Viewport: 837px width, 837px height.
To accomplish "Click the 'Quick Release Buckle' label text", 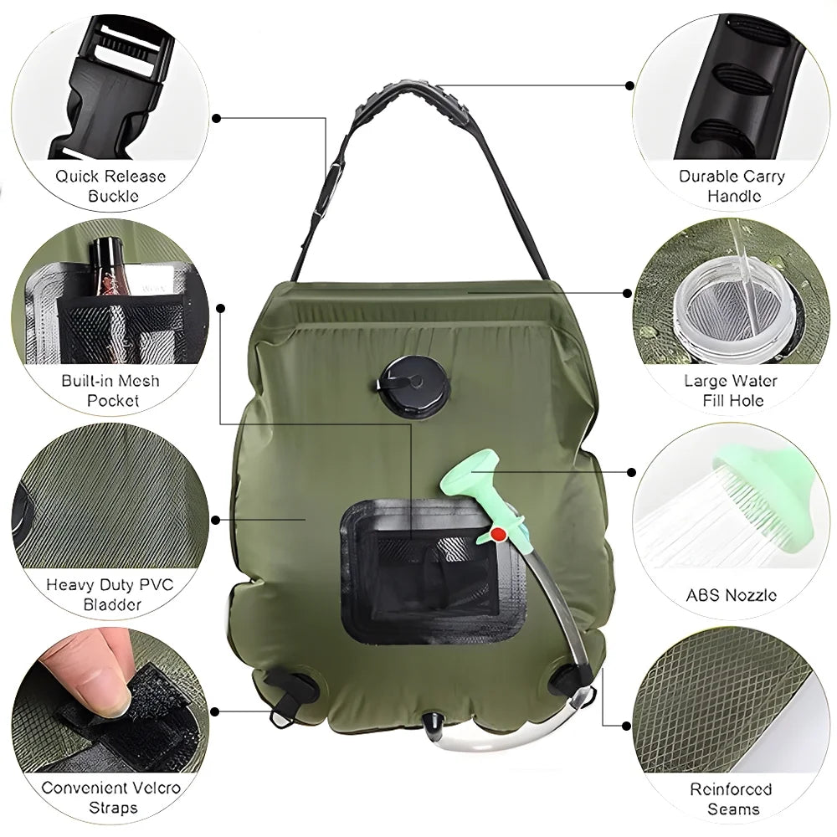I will click(x=110, y=187).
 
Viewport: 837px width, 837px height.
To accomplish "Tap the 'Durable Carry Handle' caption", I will click(x=732, y=186).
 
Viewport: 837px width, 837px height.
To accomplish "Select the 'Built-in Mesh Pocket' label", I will click(x=110, y=391).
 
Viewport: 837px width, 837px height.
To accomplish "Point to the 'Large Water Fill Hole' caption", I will click(x=731, y=391).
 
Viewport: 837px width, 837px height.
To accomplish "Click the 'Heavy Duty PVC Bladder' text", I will click(x=110, y=594).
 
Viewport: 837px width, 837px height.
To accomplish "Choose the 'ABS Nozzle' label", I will click(x=731, y=596).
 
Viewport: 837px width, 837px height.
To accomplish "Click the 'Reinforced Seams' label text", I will click(x=731, y=798).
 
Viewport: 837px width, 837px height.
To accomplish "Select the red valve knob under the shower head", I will click(x=499, y=533).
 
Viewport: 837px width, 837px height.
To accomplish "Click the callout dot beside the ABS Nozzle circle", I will click(x=629, y=472).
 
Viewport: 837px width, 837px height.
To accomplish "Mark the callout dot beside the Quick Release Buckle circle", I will click(x=216, y=118).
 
